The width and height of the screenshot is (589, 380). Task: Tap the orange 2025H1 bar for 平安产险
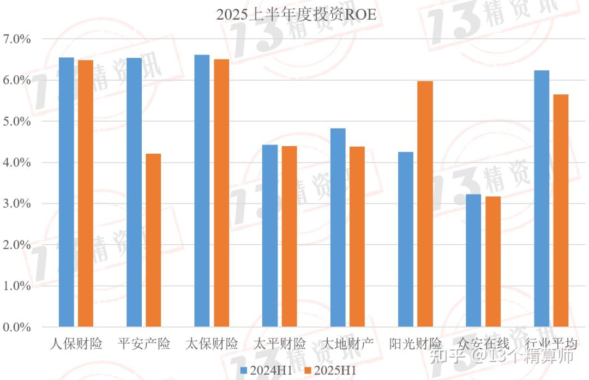(153, 240)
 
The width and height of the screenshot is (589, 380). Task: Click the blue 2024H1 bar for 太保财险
(202, 191)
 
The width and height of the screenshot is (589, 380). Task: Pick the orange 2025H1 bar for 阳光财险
(425, 204)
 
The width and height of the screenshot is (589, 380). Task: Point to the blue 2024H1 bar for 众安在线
(473, 260)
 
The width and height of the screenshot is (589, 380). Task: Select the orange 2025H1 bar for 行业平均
(561, 210)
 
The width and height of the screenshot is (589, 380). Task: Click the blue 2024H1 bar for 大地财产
(338, 227)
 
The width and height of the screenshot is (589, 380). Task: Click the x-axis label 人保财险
(76, 344)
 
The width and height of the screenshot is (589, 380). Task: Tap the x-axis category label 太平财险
(280, 344)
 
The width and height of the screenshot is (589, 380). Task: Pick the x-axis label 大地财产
(347, 344)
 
